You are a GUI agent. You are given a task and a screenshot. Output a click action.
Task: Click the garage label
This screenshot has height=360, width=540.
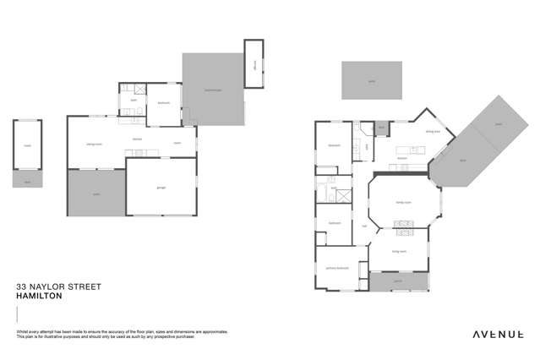[x=160, y=187]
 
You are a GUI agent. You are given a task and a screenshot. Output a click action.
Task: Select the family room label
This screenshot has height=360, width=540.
[x=402, y=203]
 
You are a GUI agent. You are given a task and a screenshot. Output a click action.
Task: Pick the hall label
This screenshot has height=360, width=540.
[x=364, y=226]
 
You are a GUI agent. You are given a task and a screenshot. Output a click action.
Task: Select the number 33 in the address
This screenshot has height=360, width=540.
[x=22, y=287]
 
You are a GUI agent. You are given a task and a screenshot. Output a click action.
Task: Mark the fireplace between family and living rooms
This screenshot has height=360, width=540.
[x=402, y=225]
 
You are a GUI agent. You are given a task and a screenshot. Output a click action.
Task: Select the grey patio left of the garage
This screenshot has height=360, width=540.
[x=95, y=194]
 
